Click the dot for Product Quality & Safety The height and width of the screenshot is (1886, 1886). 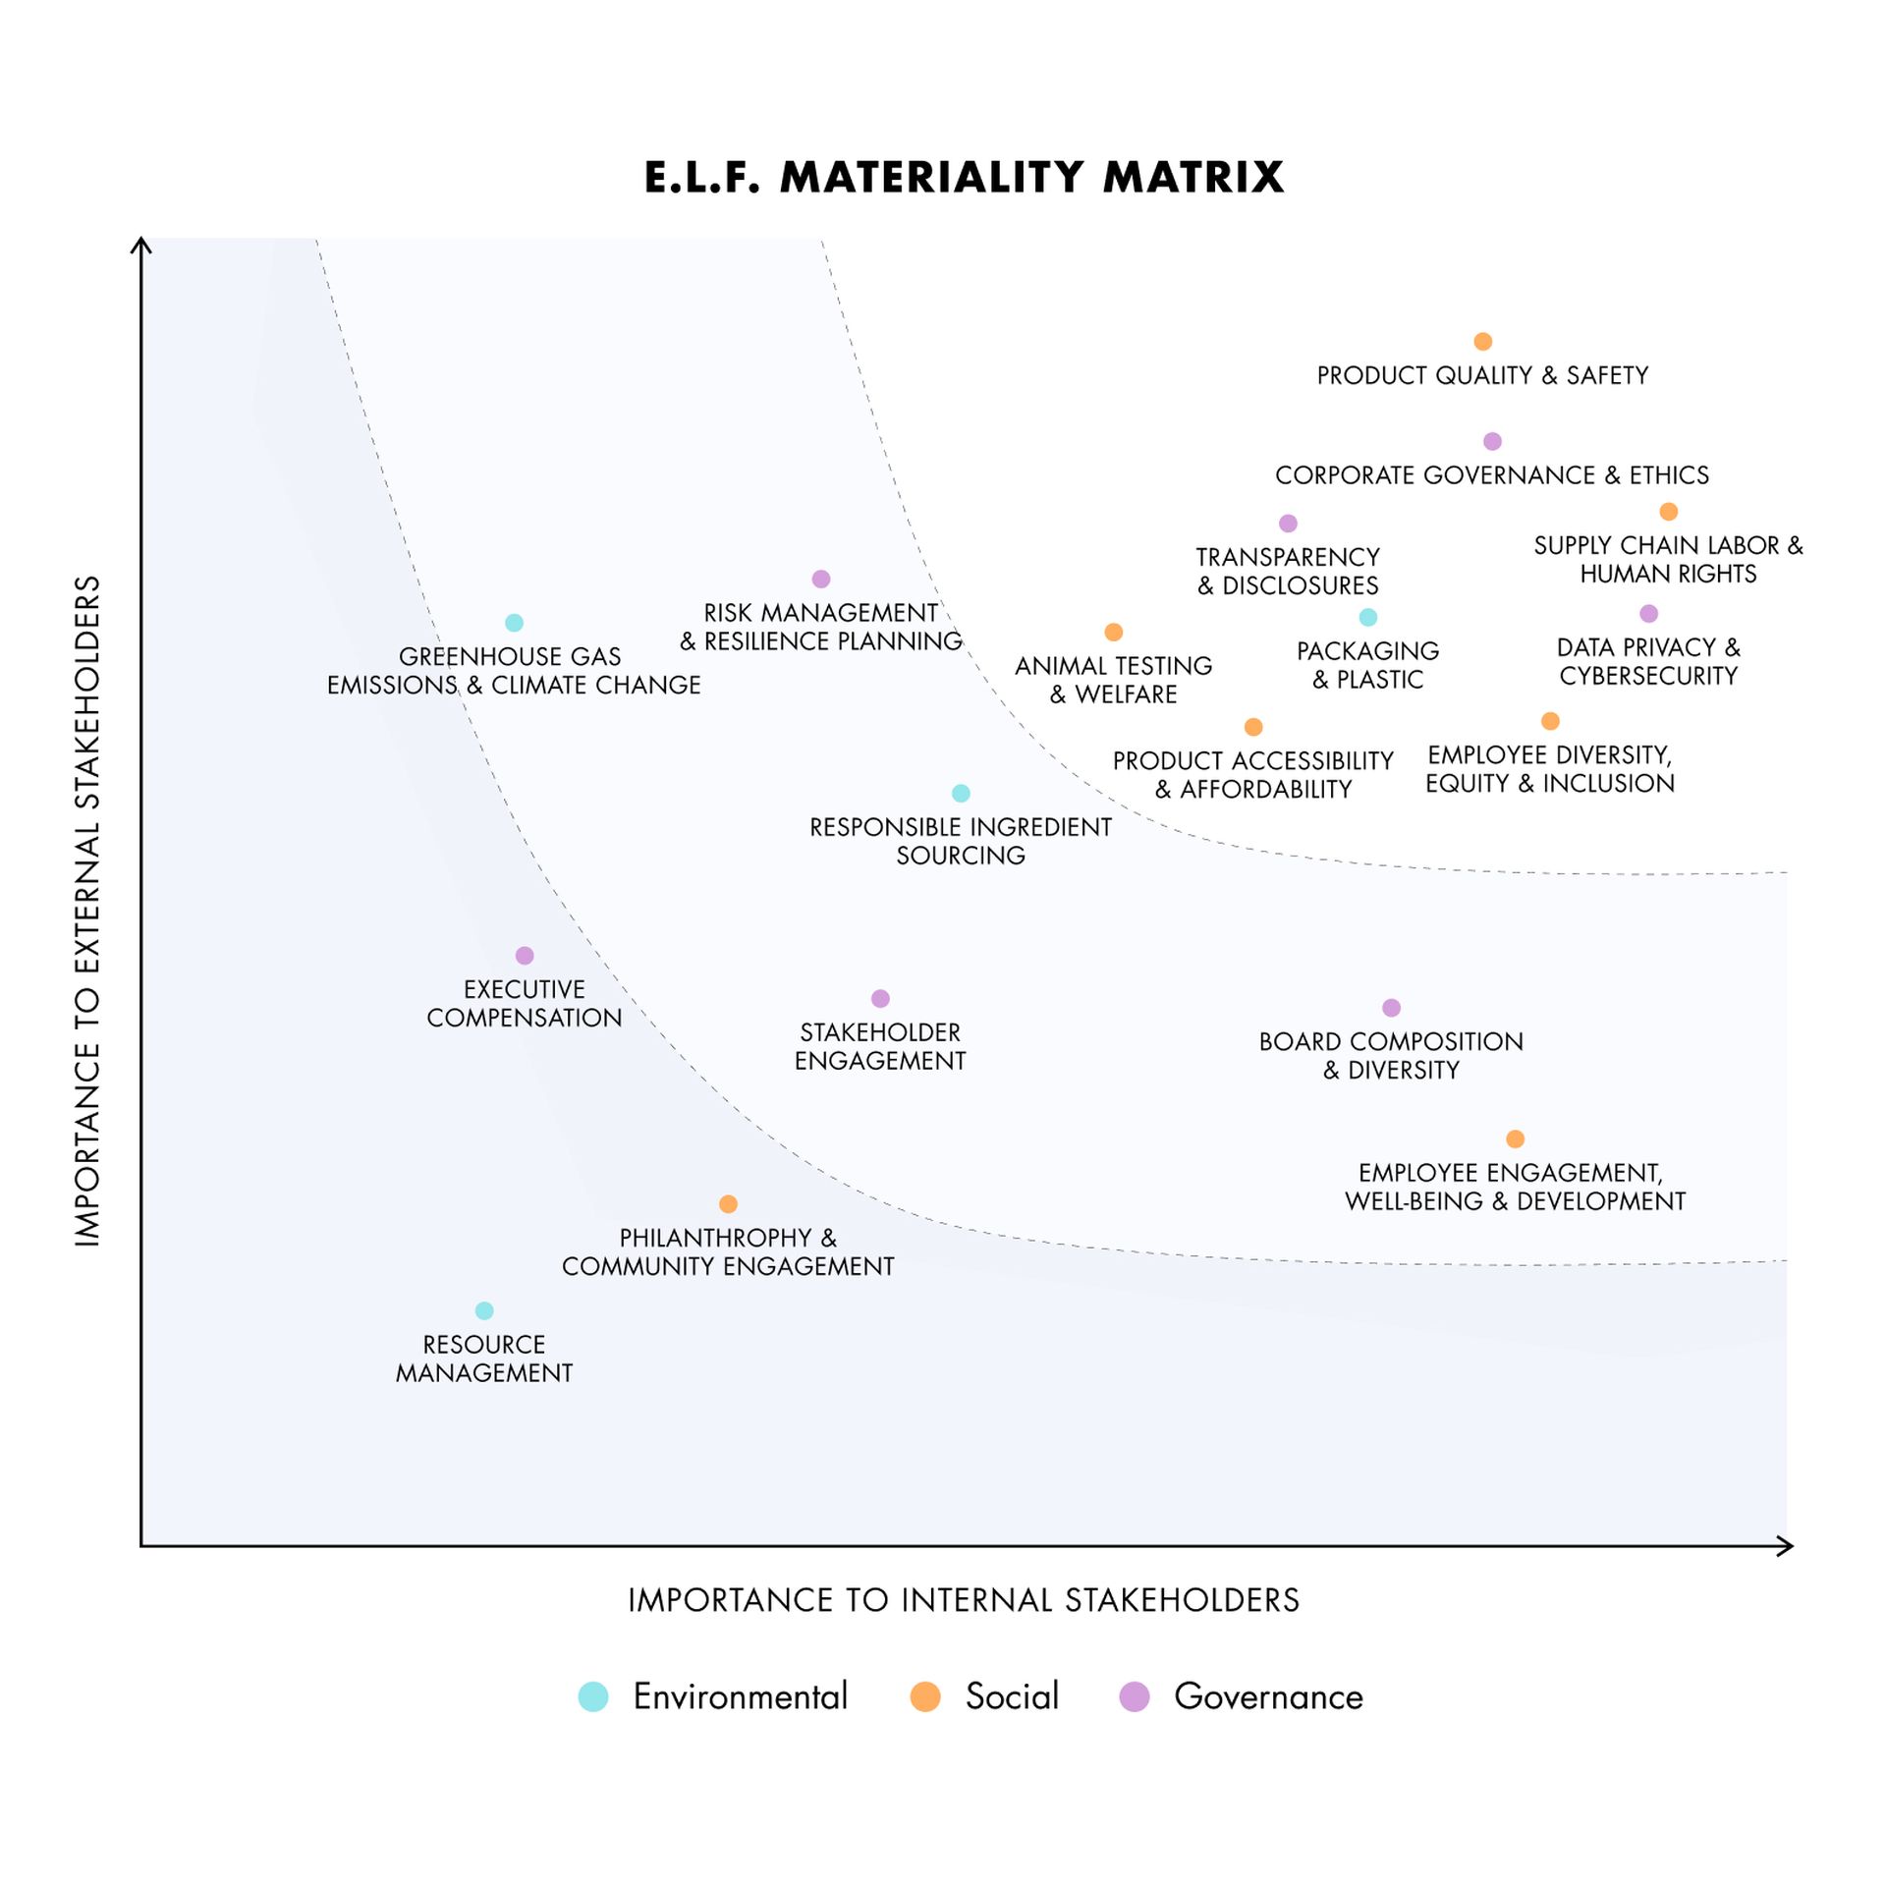click(1482, 342)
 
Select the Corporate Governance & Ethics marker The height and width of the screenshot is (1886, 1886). click(1492, 442)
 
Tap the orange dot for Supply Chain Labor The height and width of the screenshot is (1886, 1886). click(1668, 512)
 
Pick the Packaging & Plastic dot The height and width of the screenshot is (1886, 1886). click(1367, 617)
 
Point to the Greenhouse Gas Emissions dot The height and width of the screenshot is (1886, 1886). click(514, 623)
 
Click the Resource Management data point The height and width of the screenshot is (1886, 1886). click(484, 1310)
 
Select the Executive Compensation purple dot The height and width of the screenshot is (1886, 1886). click(525, 956)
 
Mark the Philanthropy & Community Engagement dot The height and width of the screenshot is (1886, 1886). click(728, 1204)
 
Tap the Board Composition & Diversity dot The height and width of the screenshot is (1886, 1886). click(1391, 1008)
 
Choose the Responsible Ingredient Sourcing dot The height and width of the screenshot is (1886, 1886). click(961, 794)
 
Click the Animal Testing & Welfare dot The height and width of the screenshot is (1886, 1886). click(1113, 633)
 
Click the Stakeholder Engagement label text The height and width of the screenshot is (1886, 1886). click(880, 1047)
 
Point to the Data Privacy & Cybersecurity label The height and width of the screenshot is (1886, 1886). click(1648, 662)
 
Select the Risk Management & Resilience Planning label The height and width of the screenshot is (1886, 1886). click(821, 627)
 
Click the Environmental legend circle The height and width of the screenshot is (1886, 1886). click(593, 1696)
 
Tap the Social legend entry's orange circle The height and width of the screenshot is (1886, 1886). click(925, 1696)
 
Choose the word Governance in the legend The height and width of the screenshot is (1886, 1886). click(1268, 1696)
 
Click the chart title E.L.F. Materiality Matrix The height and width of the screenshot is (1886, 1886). click(964, 178)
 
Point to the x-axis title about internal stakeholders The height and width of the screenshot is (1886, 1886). click(964, 1600)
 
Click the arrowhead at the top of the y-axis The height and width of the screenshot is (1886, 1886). click(141, 243)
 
